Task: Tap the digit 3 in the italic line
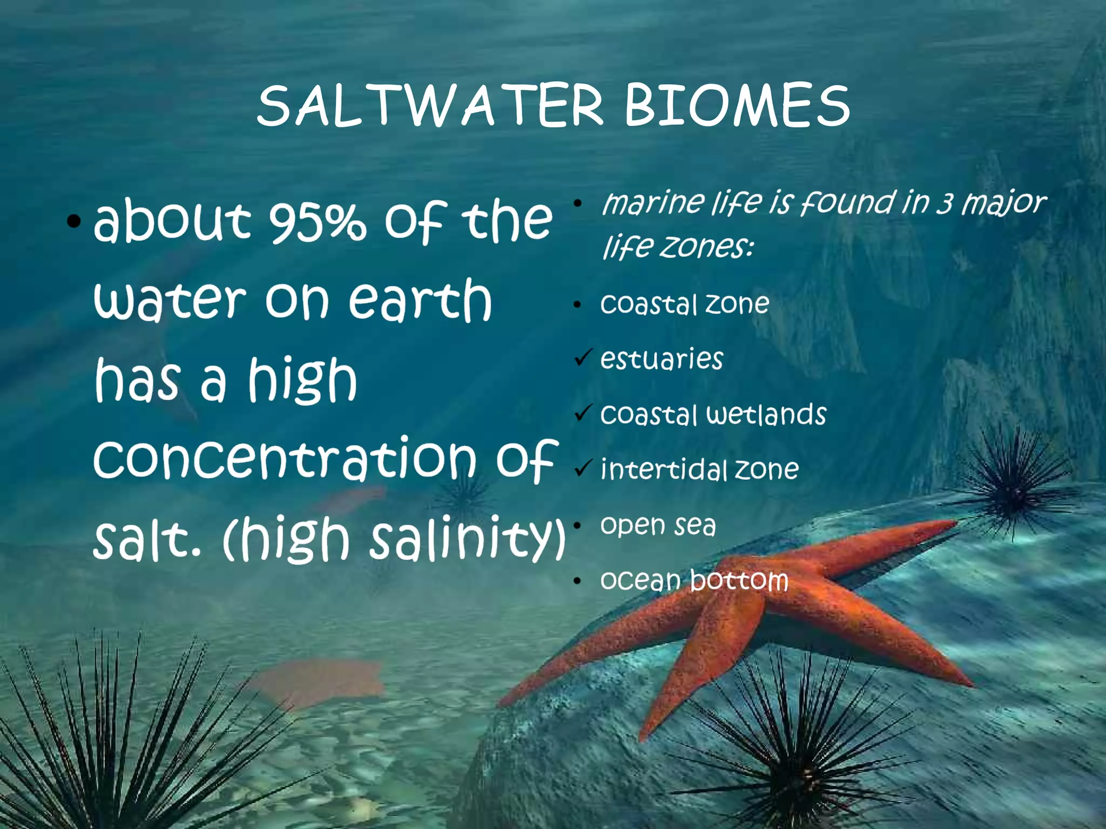point(944,204)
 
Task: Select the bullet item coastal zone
point(685,304)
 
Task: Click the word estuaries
point(662,359)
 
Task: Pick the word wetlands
point(767,414)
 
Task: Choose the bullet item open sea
point(658,525)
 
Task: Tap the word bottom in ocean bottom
point(739,581)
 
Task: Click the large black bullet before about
point(74,221)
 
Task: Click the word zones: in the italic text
point(706,247)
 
